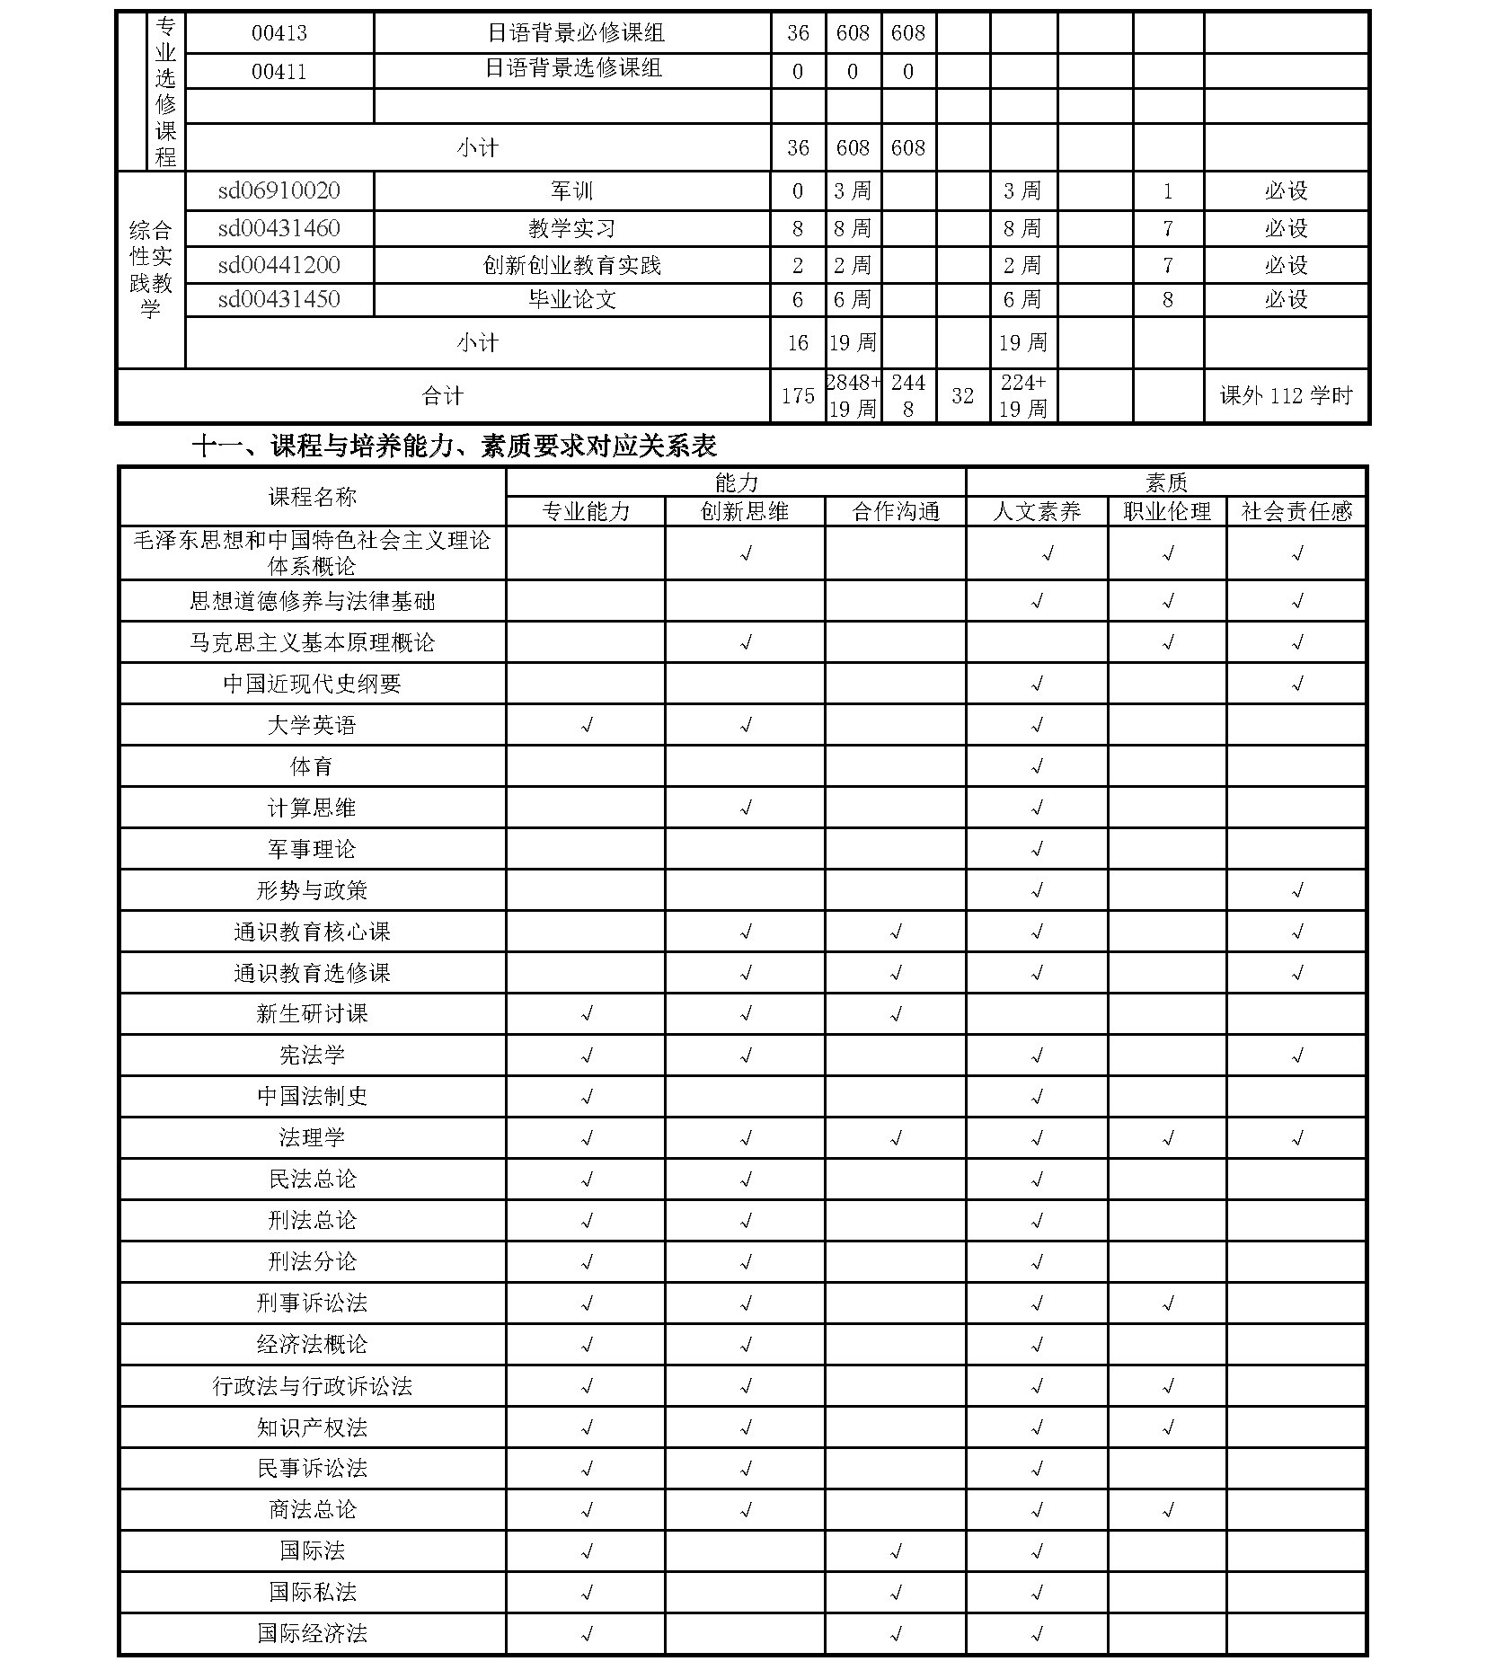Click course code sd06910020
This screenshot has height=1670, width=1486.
(279, 191)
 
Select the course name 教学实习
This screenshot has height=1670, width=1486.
(571, 228)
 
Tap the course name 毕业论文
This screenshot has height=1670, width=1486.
(571, 299)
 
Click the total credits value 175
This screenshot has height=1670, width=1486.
(798, 396)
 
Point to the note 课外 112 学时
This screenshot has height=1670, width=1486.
(1286, 396)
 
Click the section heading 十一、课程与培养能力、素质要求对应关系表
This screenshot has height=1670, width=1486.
(454, 446)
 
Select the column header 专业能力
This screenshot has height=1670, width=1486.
(586, 512)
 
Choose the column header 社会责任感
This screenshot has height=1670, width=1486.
(1296, 512)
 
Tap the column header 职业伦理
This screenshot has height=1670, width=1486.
(1167, 512)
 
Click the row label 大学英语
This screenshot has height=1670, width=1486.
(312, 725)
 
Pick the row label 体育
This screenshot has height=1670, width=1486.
(312, 766)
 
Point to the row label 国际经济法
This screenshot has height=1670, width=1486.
(312, 1633)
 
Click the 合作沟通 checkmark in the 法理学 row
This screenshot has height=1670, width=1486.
(896, 1138)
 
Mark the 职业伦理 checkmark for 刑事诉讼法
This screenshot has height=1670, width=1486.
(1167, 1303)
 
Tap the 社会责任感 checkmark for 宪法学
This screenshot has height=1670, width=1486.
(1296, 1056)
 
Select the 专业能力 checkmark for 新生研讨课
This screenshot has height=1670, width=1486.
(586, 1014)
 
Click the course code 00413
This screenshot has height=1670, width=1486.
(279, 33)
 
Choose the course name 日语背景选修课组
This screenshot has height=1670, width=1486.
(573, 69)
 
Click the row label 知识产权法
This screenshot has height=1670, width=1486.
(312, 1427)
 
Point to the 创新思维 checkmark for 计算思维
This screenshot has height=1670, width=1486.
(745, 808)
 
